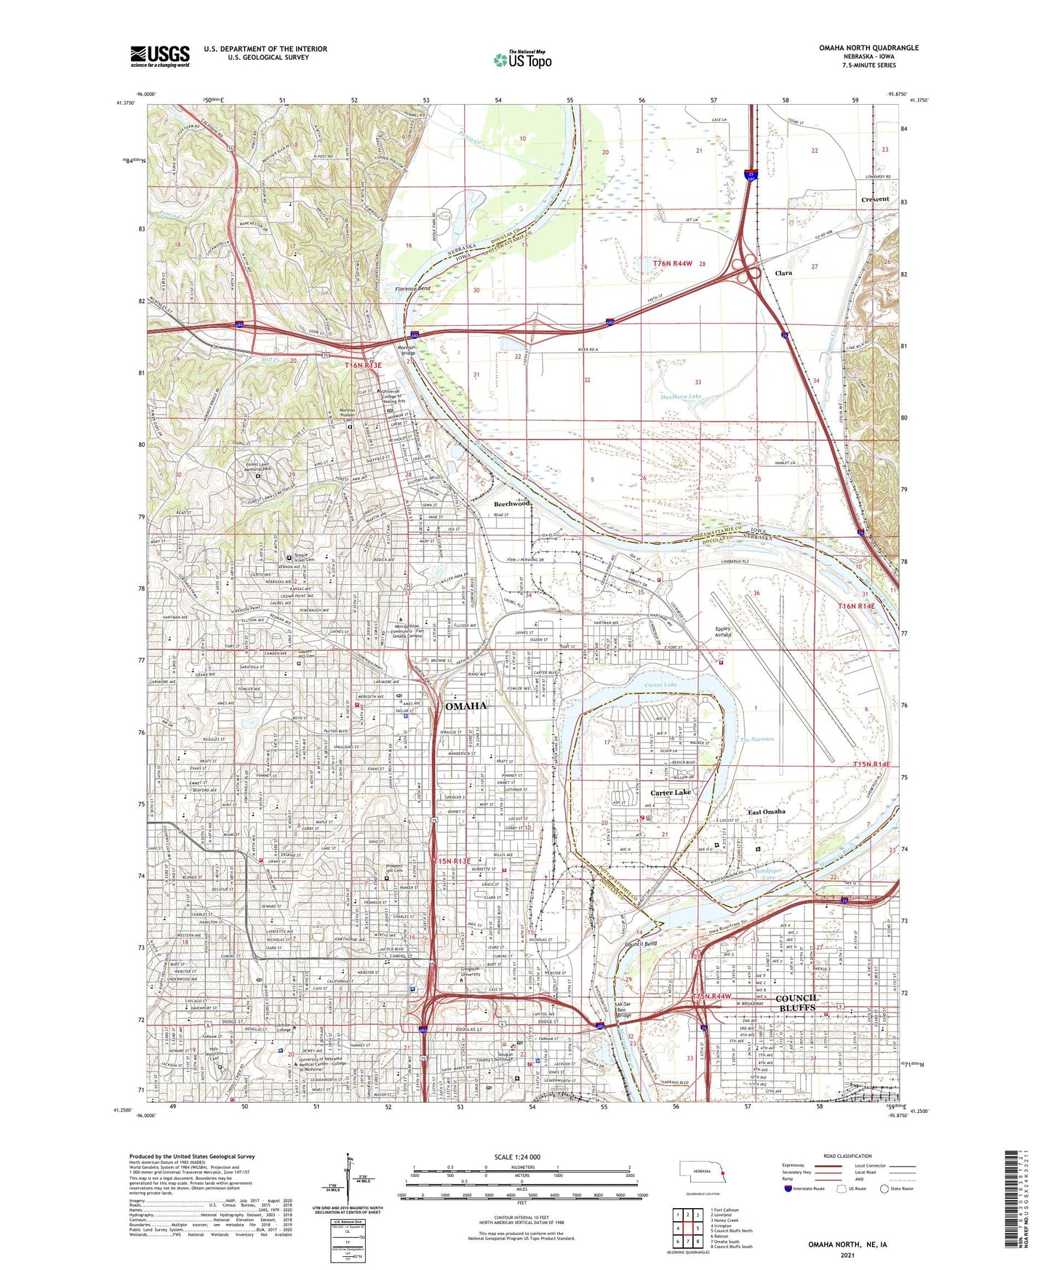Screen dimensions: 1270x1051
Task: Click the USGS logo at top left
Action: (x=160, y=55)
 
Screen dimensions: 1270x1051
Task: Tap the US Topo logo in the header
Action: (x=522, y=60)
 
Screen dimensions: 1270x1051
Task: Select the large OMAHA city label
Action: (x=465, y=706)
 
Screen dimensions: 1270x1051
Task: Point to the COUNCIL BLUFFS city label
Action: (x=799, y=1003)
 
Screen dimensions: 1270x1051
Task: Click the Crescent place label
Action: (x=875, y=199)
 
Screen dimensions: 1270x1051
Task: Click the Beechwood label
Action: (x=512, y=503)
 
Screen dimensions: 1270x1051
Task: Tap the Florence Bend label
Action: (x=412, y=289)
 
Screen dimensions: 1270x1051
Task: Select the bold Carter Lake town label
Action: (x=671, y=793)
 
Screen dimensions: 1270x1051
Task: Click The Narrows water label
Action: (x=757, y=739)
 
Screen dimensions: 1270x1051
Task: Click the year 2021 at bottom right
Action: (x=847, y=1255)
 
